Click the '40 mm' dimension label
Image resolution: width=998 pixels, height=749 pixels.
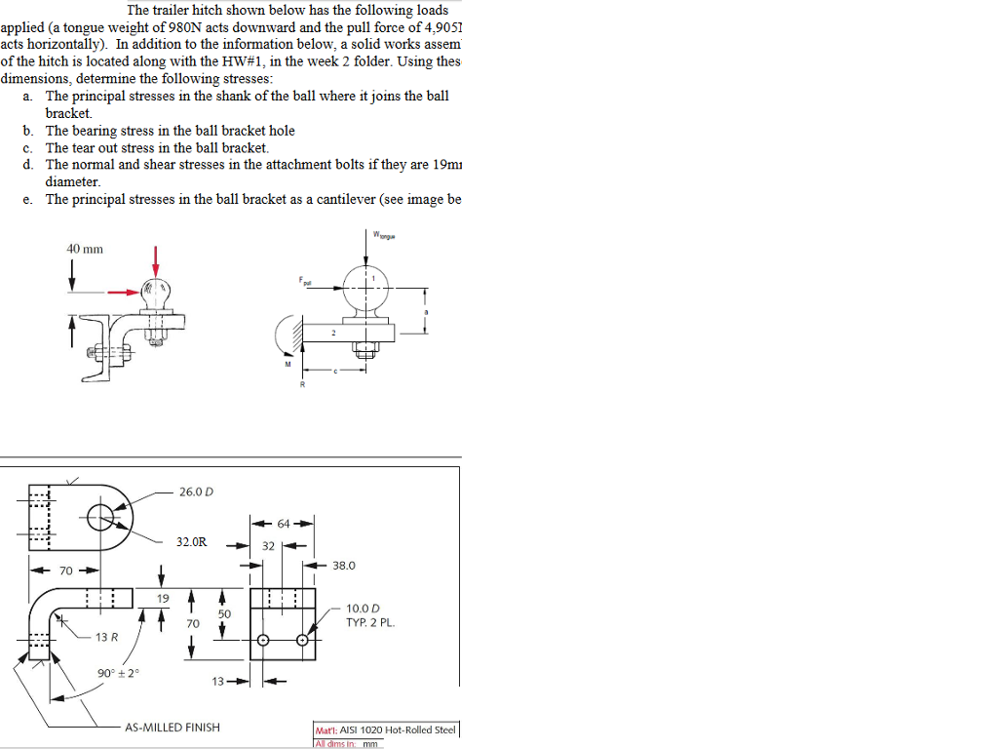pyautogui.click(x=85, y=249)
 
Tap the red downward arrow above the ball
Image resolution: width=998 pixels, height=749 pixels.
pyautogui.click(x=155, y=260)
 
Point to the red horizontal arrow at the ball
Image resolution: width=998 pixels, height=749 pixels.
pyautogui.click(x=123, y=291)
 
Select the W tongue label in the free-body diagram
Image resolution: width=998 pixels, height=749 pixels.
pyautogui.click(x=384, y=233)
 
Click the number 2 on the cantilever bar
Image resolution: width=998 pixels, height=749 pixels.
pyautogui.click(x=332, y=334)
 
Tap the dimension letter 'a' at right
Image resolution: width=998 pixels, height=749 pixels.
pyautogui.click(x=425, y=311)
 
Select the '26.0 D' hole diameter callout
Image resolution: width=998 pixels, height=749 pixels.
pyautogui.click(x=196, y=492)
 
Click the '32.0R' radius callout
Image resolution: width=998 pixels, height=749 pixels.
pyautogui.click(x=191, y=540)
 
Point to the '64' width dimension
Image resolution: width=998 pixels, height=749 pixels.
pyautogui.click(x=283, y=524)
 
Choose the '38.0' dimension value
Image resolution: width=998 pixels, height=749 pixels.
pyautogui.click(x=344, y=566)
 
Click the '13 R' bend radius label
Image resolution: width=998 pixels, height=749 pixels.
pyautogui.click(x=106, y=637)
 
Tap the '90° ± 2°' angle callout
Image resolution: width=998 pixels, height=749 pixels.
pyautogui.click(x=116, y=673)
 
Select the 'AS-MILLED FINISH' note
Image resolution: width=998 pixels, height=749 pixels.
pyautogui.click(x=173, y=727)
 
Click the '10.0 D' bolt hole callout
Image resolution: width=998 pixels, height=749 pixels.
pyautogui.click(x=363, y=609)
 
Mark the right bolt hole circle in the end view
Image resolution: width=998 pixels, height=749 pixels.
pyautogui.click(x=302, y=641)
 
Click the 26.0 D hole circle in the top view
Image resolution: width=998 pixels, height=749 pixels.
pyautogui.click(x=100, y=518)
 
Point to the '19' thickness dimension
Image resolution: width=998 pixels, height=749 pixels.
pyautogui.click(x=163, y=598)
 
